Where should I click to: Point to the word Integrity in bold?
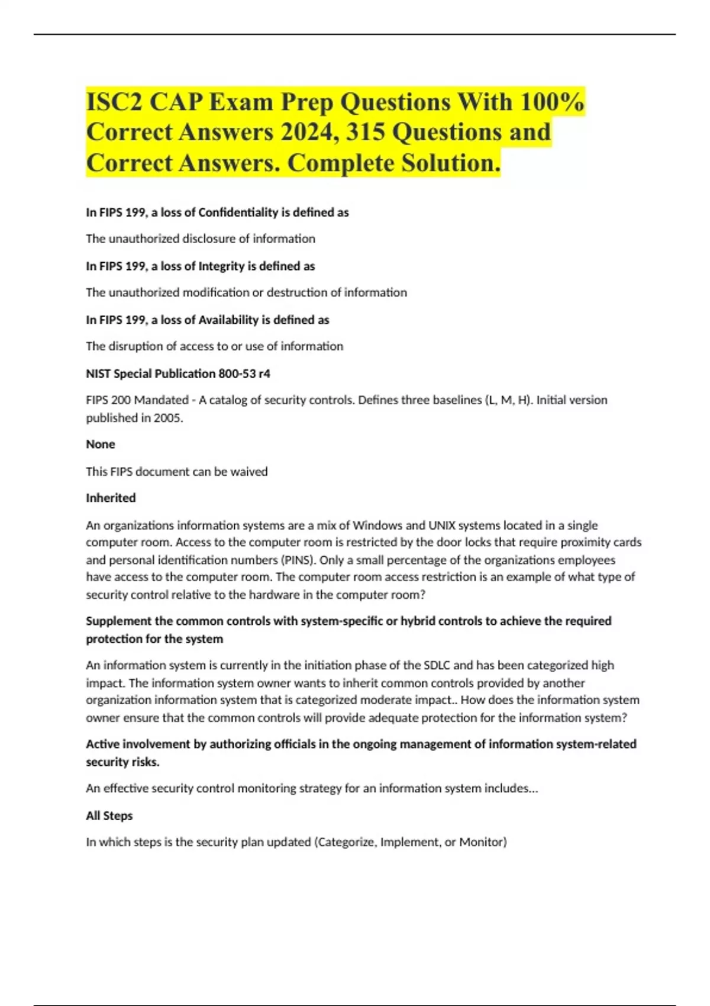(221, 266)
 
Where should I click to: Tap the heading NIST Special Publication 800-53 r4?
(178, 374)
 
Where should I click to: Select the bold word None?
(101, 444)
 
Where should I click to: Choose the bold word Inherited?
(111, 498)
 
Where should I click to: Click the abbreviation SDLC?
(437, 665)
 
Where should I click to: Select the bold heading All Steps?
(109, 815)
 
